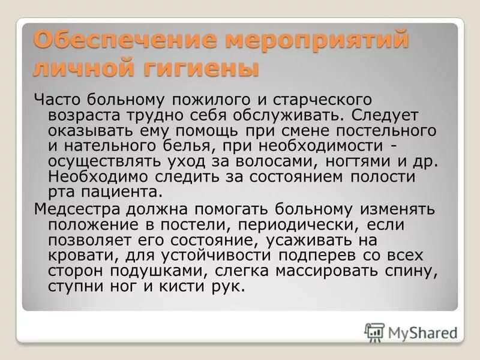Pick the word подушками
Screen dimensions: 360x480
[161, 271]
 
